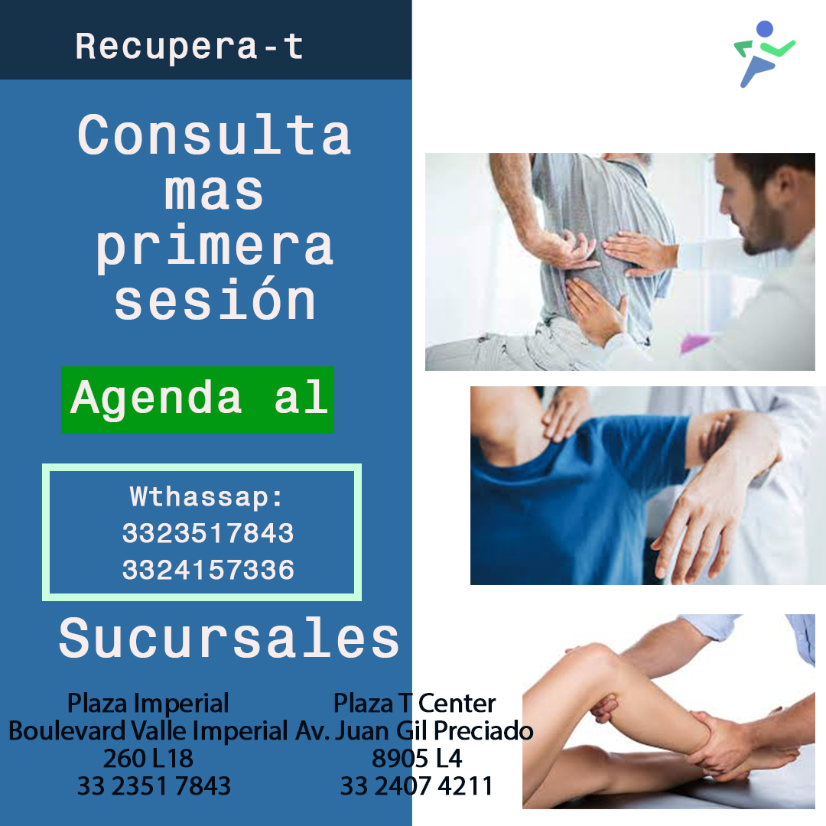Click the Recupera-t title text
click(189, 47)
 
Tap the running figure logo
click(764, 54)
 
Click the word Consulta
click(214, 135)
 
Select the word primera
click(214, 246)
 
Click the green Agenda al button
click(197, 399)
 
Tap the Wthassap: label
click(206, 497)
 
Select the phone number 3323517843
click(208, 533)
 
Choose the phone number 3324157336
click(208, 570)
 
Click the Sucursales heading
click(229, 638)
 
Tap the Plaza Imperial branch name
click(148, 704)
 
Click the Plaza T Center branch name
click(415, 704)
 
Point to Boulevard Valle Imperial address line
click(148, 730)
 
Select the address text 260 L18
click(148, 759)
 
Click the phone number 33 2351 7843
click(154, 786)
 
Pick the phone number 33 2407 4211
click(416, 786)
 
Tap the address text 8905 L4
click(417, 759)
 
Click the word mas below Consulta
click(213, 192)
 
